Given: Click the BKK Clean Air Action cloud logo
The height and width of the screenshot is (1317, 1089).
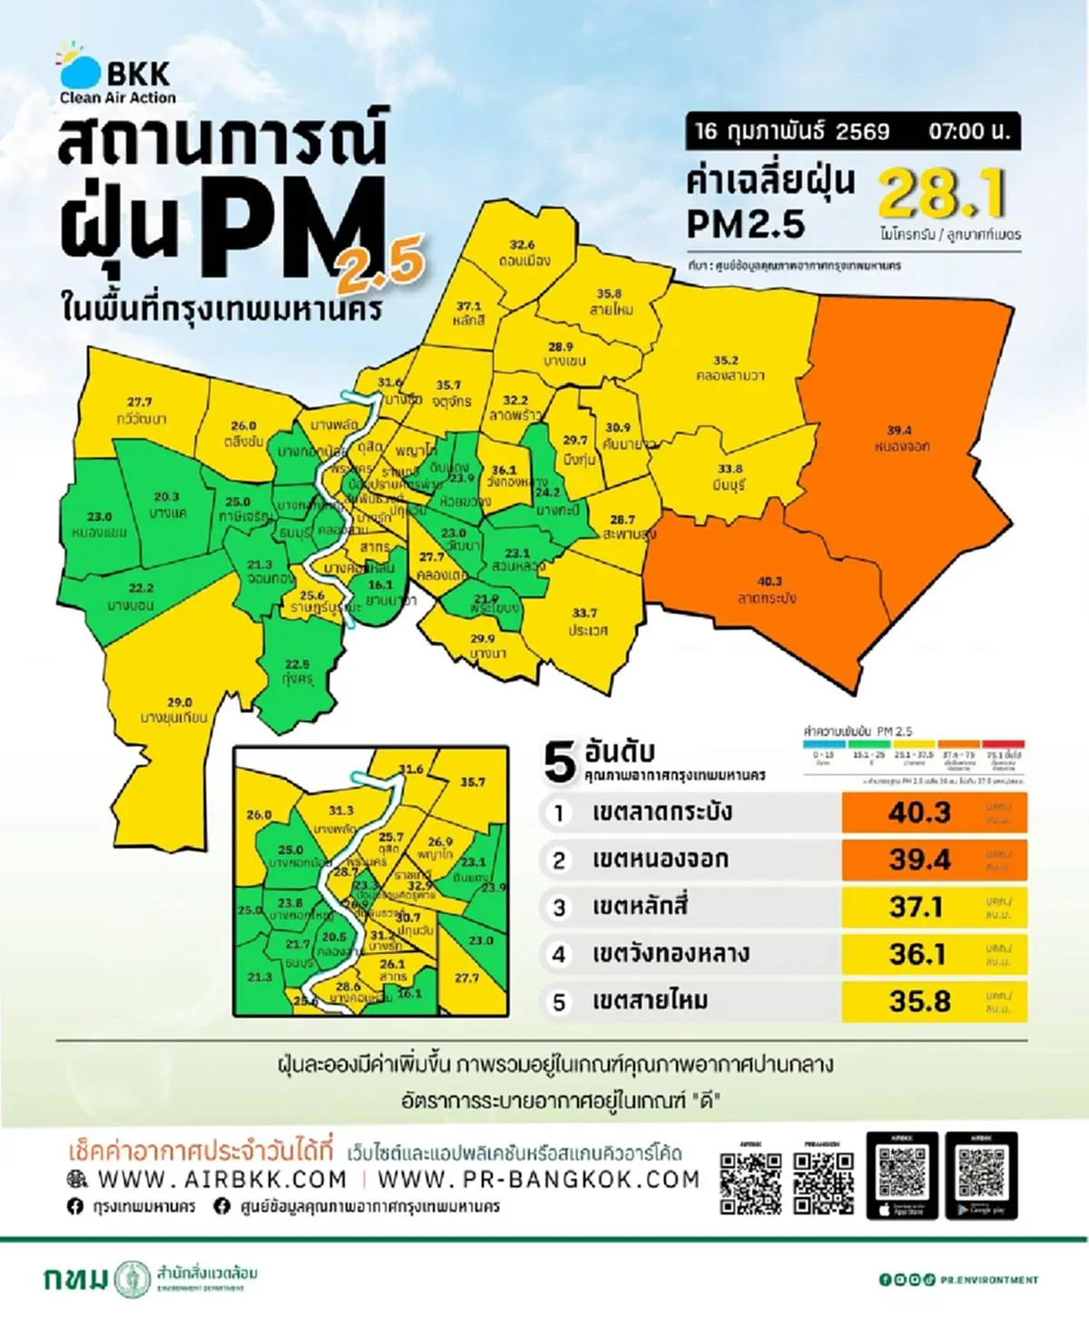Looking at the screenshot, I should coord(80,71).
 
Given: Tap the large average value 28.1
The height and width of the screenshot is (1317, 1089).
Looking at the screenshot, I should coord(942,193).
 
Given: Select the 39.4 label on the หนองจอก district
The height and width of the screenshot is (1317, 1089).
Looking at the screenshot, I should coord(900,438).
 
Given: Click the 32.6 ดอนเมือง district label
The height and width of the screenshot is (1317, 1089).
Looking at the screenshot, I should coord(523,252).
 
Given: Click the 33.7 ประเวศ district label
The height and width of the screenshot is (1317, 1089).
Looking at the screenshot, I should coord(586,622).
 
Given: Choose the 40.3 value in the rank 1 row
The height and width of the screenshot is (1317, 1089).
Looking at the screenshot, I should coord(918,812).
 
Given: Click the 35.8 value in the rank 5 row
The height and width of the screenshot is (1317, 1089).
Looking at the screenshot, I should coord(918,1001).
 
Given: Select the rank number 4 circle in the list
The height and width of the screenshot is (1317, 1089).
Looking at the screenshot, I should coord(559,954).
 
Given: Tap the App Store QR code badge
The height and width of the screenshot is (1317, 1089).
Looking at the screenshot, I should coord(902,1175).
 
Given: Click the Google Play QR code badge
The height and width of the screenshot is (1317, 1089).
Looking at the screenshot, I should coord(981,1175).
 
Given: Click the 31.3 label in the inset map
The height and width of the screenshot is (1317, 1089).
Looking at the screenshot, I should coord(340,811).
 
